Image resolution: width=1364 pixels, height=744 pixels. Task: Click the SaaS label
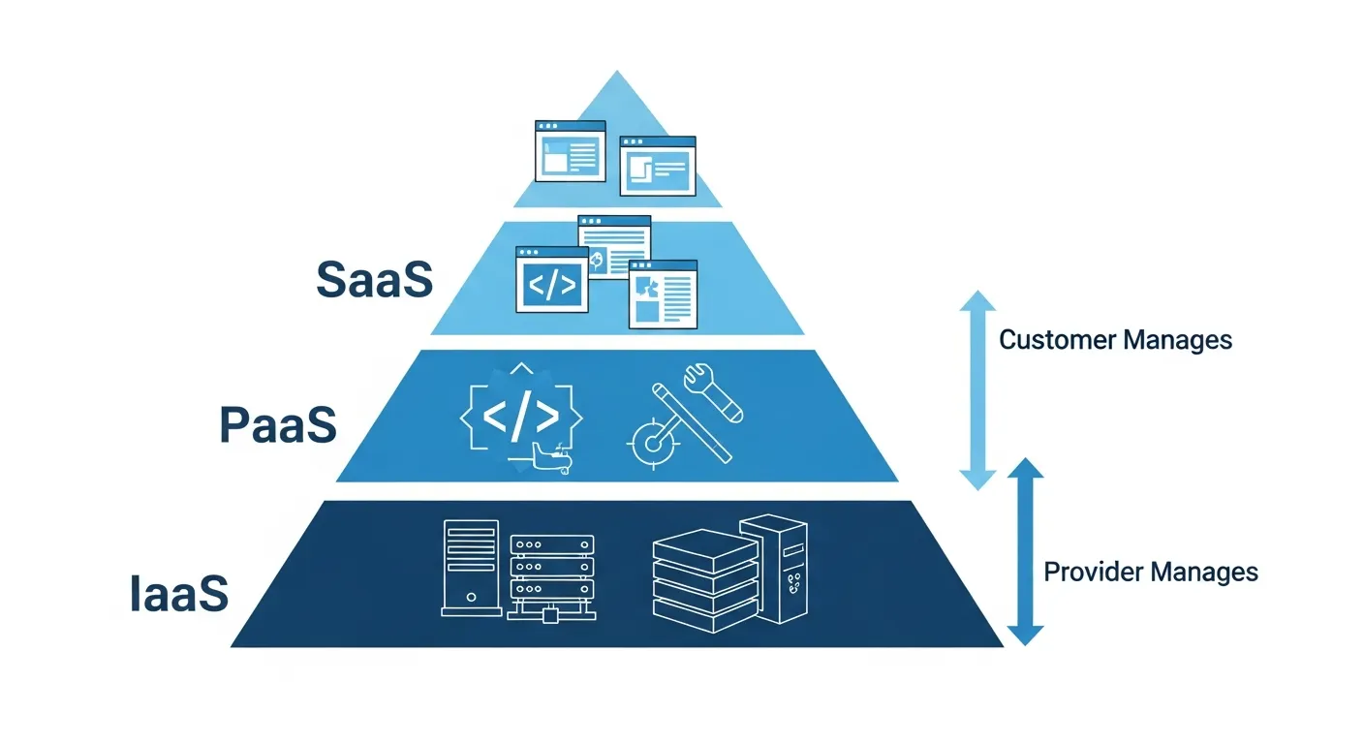click(375, 279)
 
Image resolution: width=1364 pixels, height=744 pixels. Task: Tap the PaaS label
click(278, 424)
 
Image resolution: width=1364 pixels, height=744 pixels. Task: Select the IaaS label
click(179, 593)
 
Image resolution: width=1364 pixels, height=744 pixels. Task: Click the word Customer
click(1058, 340)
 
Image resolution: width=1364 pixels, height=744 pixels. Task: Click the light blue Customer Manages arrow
click(977, 390)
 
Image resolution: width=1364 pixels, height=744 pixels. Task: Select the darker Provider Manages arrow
click(1026, 551)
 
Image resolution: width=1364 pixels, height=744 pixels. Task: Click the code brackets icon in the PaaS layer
click(520, 418)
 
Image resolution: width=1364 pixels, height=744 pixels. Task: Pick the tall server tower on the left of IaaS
click(471, 568)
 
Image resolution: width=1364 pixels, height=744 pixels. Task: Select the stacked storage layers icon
click(705, 581)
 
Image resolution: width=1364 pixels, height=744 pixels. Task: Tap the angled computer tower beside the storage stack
click(775, 569)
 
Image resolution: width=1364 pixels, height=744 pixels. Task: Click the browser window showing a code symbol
click(552, 280)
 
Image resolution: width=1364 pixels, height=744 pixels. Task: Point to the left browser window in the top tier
click(571, 151)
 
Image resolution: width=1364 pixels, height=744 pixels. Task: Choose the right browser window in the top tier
click(658, 167)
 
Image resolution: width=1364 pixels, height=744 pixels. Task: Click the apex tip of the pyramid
click(617, 71)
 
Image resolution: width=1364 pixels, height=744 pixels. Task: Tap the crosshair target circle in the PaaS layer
click(653, 444)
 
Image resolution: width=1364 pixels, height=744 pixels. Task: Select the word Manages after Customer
click(1178, 340)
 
